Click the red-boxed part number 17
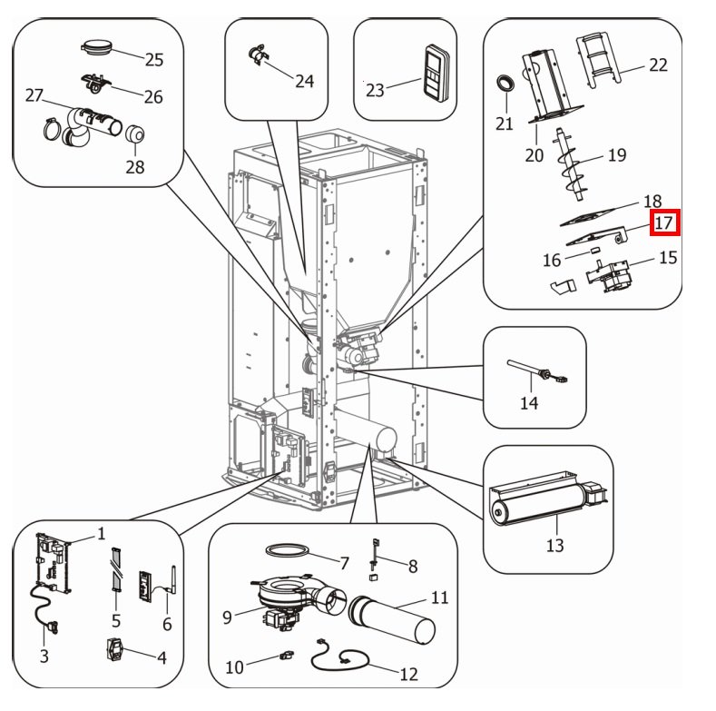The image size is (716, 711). [664, 222]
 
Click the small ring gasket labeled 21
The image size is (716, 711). [505, 86]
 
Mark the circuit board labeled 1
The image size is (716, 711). [50, 563]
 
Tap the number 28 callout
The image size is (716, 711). [135, 167]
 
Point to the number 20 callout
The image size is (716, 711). [534, 154]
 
